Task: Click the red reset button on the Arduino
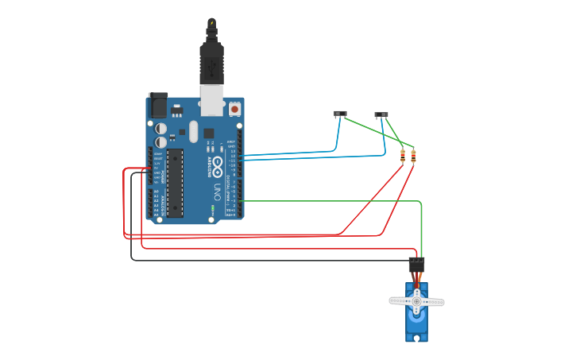coord(235,108)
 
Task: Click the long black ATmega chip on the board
coord(175,182)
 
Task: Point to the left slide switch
coord(341,114)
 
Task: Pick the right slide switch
coord(381,114)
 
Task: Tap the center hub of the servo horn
coord(416,301)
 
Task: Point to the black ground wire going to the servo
coord(238,260)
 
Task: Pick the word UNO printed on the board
coord(217,191)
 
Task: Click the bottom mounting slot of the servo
coord(416,338)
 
